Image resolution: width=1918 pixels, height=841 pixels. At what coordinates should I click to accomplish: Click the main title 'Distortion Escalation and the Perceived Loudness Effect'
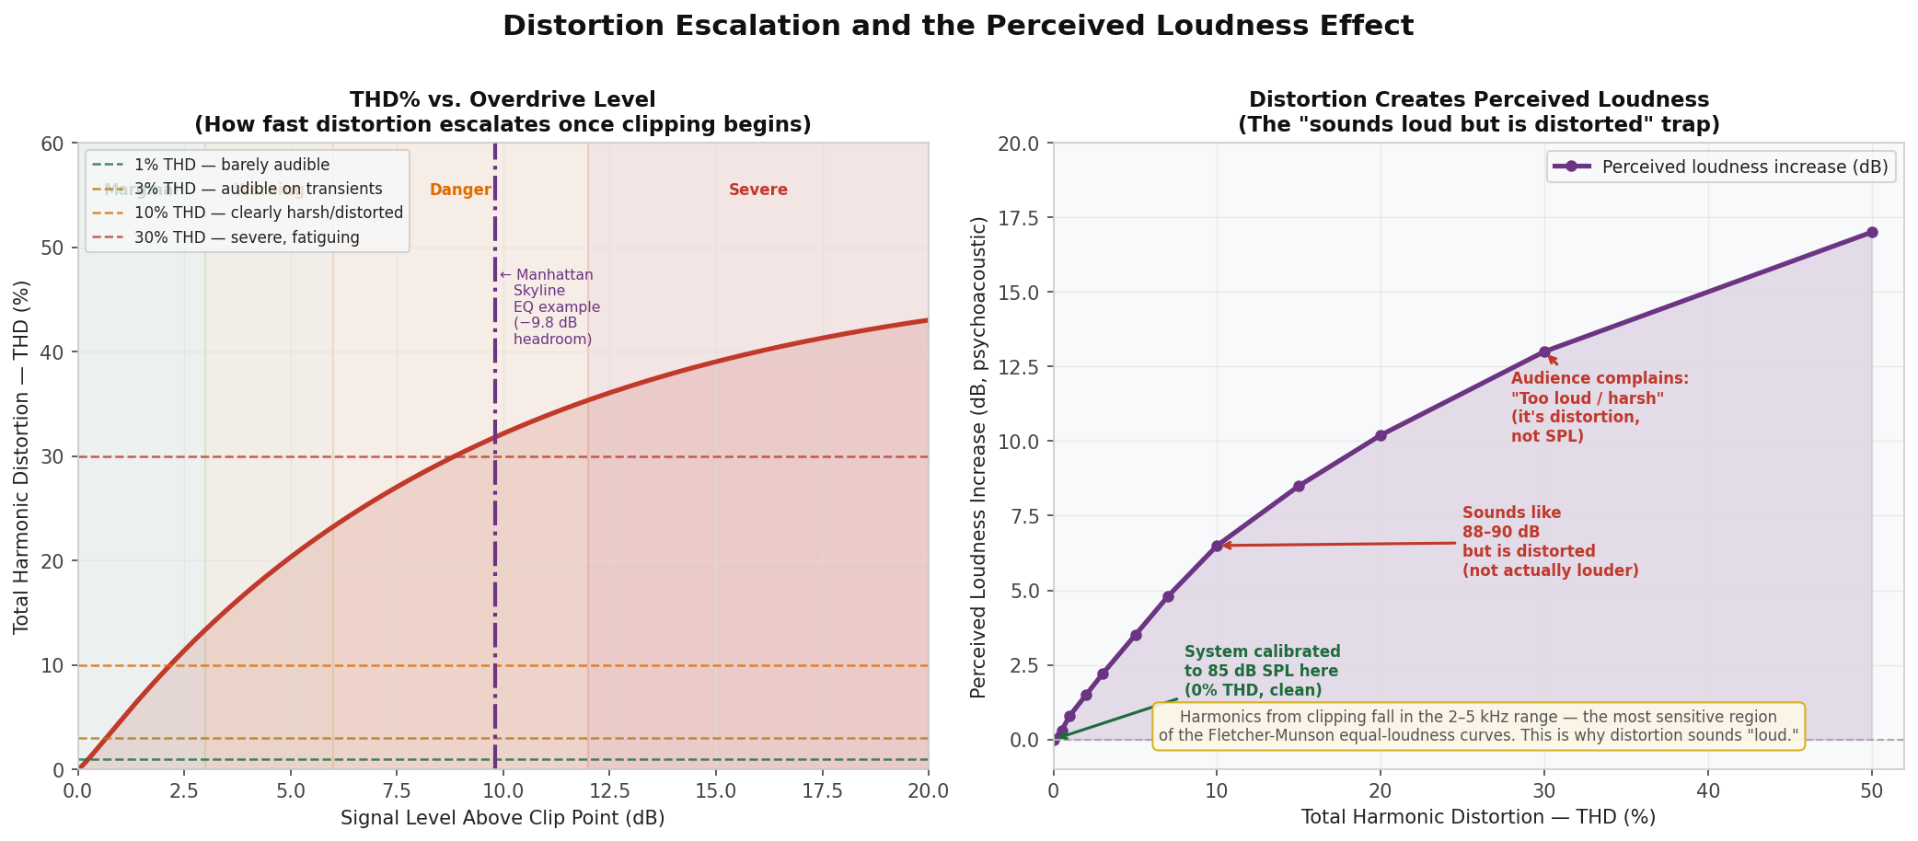(x=958, y=26)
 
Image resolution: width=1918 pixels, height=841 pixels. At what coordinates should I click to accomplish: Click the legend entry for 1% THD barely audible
(x=231, y=166)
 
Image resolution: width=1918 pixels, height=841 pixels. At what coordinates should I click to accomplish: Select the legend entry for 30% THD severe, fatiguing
(x=246, y=237)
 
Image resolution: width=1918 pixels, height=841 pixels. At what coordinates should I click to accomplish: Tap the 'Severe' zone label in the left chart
(x=757, y=190)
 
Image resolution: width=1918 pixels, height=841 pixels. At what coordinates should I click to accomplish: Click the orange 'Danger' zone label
(x=460, y=190)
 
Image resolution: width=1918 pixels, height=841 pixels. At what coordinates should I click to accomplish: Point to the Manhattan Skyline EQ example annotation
(x=551, y=307)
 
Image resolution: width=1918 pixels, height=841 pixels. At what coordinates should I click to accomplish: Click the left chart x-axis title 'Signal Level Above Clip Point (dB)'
(x=503, y=818)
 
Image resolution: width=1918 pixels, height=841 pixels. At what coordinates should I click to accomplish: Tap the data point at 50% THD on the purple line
(x=1872, y=233)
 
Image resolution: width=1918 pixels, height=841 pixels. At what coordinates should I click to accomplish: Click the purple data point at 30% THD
(x=1544, y=352)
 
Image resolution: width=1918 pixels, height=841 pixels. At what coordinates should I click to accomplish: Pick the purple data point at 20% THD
(x=1381, y=435)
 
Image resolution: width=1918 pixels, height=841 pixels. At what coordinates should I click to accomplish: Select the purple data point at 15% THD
(x=1299, y=486)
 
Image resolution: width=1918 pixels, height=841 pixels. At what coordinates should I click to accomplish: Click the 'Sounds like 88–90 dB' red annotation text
(x=1550, y=542)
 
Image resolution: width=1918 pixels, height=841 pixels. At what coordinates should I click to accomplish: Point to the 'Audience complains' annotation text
(x=1599, y=407)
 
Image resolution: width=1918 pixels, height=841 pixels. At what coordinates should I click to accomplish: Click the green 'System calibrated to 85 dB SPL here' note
(x=1261, y=671)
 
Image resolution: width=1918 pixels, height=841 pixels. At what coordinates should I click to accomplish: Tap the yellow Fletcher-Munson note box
(x=1478, y=726)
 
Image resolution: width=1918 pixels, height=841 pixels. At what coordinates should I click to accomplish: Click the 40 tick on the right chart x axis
(x=1708, y=791)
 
